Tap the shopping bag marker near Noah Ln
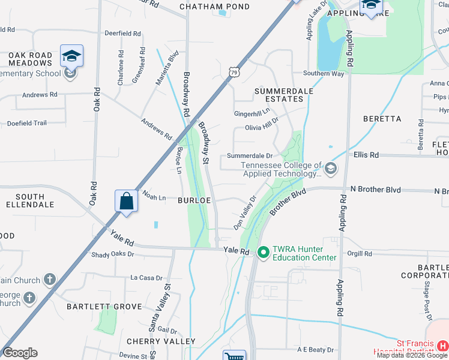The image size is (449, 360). point(127,201)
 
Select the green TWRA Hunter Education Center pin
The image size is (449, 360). point(262,253)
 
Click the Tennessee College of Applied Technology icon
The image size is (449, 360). point(330,169)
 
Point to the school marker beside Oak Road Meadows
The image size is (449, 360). point(71,56)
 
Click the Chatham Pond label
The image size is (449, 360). point(206,7)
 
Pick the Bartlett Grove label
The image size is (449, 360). point(104,306)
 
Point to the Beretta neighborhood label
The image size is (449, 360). point(382,119)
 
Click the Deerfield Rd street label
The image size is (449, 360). point(122,34)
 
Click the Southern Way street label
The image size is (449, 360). point(324,73)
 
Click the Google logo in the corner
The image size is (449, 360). point(20,353)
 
